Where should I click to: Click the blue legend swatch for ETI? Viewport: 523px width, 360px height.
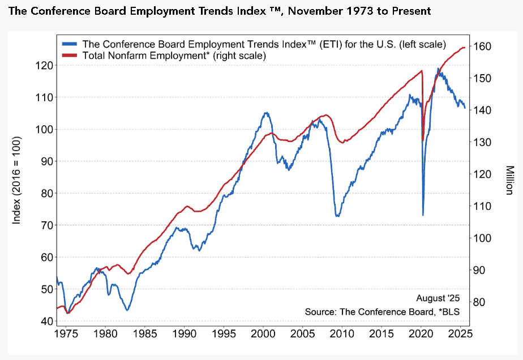click(x=70, y=44)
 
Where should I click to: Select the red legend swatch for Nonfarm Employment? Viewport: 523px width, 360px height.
click(x=70, y=55)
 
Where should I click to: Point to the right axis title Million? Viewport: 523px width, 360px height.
click(x=509, y=180)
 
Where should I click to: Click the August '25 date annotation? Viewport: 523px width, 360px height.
click(x=439, y=298)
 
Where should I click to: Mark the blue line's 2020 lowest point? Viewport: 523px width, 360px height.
click(x=423, y=215)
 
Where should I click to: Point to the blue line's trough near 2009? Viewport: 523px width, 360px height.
click(x=338, y=216)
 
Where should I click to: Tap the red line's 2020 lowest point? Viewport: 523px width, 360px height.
click(x=423, y=140)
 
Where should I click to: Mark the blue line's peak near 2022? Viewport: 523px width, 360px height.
click(x=438, y=68)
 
